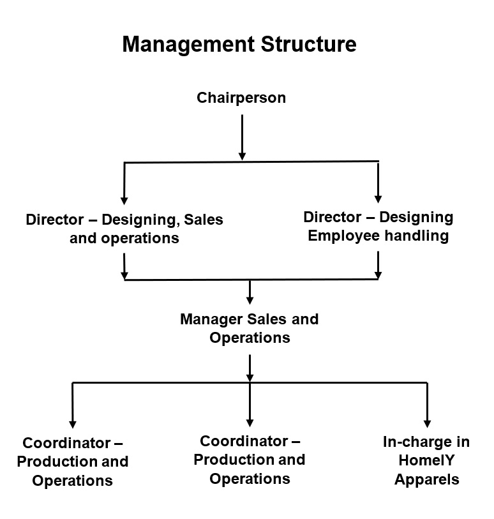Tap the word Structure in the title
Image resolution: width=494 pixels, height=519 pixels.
click(309, 43)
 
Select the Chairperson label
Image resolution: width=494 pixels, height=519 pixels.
click(241, 98)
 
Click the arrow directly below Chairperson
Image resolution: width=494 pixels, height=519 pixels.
click(242, 137)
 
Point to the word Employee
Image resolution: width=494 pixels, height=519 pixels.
click(344, 236)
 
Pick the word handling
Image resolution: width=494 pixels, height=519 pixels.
click(417, 236)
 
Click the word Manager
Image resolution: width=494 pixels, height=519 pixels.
click(211, 320)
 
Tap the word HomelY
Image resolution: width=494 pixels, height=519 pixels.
click(426, 460)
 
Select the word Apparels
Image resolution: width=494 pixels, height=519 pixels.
click(427, 480)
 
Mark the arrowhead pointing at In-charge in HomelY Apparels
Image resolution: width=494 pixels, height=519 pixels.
click(427, 424)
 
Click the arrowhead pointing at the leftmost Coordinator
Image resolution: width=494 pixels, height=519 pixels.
click(73, 425)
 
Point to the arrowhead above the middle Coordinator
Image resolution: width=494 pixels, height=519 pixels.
click(250, 423)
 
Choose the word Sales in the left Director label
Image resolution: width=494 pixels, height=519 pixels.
click(204, 220)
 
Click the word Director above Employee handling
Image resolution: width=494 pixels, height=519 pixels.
click(333, 218)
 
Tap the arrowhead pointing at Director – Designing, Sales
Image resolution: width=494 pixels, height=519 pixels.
click(124, 200)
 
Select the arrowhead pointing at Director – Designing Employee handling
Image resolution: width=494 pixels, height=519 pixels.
click(378, 199)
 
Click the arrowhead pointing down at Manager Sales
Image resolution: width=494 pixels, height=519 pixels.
click(250, 301)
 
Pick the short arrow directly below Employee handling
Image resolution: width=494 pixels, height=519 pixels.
click(378, 265)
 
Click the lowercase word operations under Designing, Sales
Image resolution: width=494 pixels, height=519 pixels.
click(140, 239)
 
